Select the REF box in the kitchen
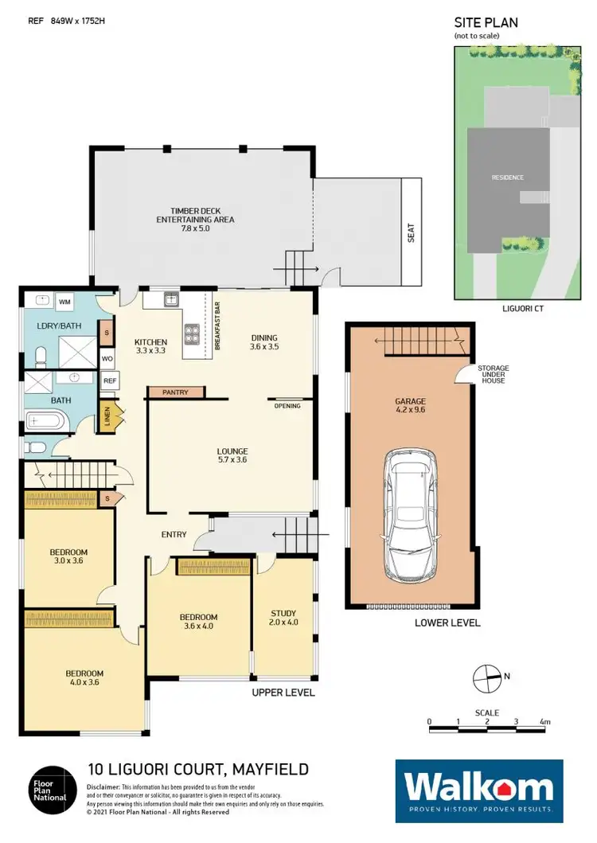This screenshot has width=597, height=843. [x=110, y=381]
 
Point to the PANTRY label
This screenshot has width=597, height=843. [x=176, y=392]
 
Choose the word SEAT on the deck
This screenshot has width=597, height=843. [x=411, y=232]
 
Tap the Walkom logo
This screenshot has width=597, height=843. [x=479, y=790]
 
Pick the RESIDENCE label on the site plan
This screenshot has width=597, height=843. [x=507, y=177]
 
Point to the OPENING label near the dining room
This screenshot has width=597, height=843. [x=287, y=406]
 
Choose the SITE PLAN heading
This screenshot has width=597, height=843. [x=486, y=22]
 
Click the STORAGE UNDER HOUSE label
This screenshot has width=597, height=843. [x=493, y=374]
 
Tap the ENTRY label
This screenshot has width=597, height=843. [x=174, y=533]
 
